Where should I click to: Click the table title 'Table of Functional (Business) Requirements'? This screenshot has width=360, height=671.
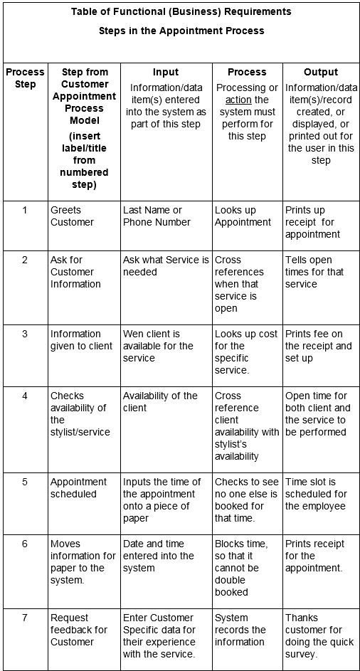pyautogui.click(x=181, y=12)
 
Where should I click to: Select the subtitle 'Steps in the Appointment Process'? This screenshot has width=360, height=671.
pyautogui.click(x=181, y=31)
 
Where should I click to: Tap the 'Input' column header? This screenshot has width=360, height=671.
pyautogui.click(x=165, y=72)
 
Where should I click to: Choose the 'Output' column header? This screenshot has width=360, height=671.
pyautogui.click(x=320, y=72)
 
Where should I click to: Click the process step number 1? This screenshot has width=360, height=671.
pyautogui.click(x=24, y=210)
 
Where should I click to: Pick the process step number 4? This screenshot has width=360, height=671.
pyautogui.click(x=24, y=396)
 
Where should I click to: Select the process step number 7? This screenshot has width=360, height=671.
pyautogui.click(x=24, y=618)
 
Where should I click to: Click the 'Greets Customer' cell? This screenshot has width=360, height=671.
pyautogui.click(x=72, y=216)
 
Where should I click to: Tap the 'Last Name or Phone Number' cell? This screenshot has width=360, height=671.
pyautogui.click(x=157, y=216)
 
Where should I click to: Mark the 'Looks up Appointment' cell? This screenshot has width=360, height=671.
pyautogui.click(x=243, y=216)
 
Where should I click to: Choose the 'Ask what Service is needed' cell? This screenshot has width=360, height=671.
pyautogui.click(x=166, y=265)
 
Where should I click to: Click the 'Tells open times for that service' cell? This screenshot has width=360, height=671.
pyautogui.click(x=313, y=272)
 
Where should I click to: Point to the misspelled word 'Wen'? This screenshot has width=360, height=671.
pyautogui.click(x=132, y=334)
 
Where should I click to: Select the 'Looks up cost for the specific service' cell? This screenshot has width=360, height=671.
pyautogui.click(x=242, y=352)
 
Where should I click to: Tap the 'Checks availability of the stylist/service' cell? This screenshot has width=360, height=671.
pyautogui.click(x=78, y=413)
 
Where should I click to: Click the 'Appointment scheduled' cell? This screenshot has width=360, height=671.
pyautogui.click(x=78, y=487)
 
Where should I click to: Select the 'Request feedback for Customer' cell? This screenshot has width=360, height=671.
pyautogui.click(x=78, y=630)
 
